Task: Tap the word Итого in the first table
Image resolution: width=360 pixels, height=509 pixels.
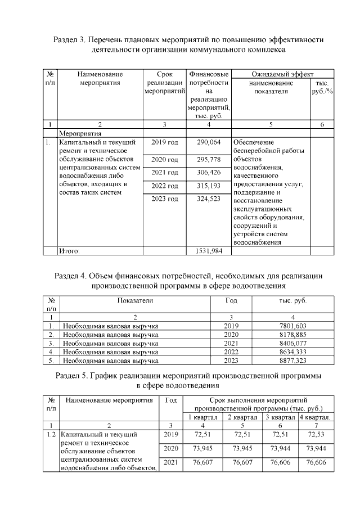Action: [x=70, y=251]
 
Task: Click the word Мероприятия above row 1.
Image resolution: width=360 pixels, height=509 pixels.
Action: [x=80, y=134]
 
